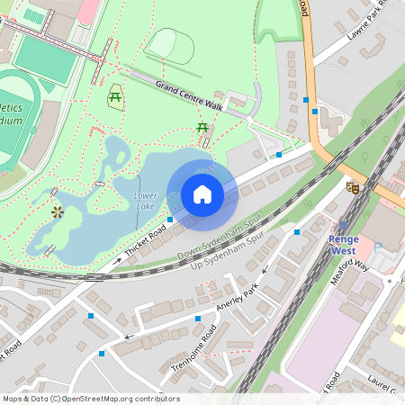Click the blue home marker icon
pos(202,194)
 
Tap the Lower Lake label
pos(145,200)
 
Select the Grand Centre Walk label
pos(188,94)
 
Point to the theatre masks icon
pos(353,187)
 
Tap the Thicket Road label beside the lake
pos(145,240)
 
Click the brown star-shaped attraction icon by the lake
pos(58,211)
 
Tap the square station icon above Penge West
pos(343,226)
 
